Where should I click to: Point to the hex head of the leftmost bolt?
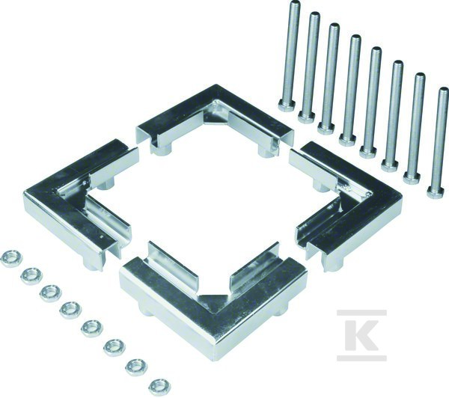coord(287,105)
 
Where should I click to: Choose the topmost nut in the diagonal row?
coord(11,259)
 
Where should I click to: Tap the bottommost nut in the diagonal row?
coord(159,387)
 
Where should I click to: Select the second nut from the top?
coord(31,276)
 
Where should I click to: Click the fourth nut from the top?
coord(71,310)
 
